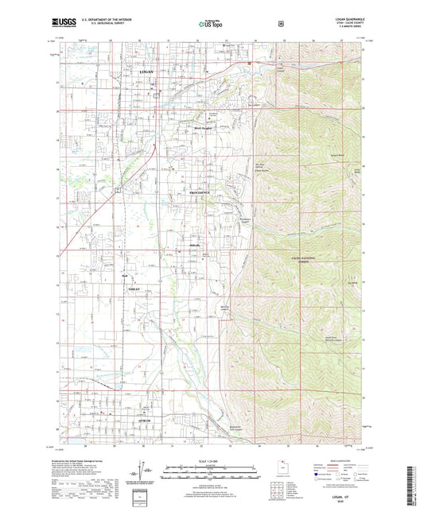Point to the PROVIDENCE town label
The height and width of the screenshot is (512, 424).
click(200, 193)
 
